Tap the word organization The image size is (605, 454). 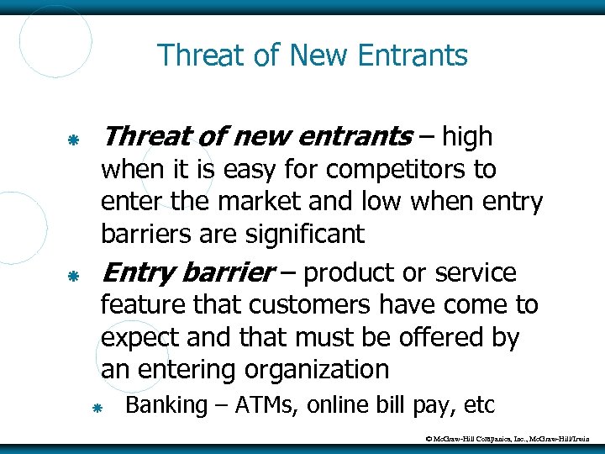point(317,369)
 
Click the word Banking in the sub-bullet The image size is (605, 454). point(166,405)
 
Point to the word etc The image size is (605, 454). point(480,405)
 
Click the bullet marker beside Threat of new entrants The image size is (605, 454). point(74,138)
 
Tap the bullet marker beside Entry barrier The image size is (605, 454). point(74,275)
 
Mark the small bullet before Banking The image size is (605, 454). point(97,408)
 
